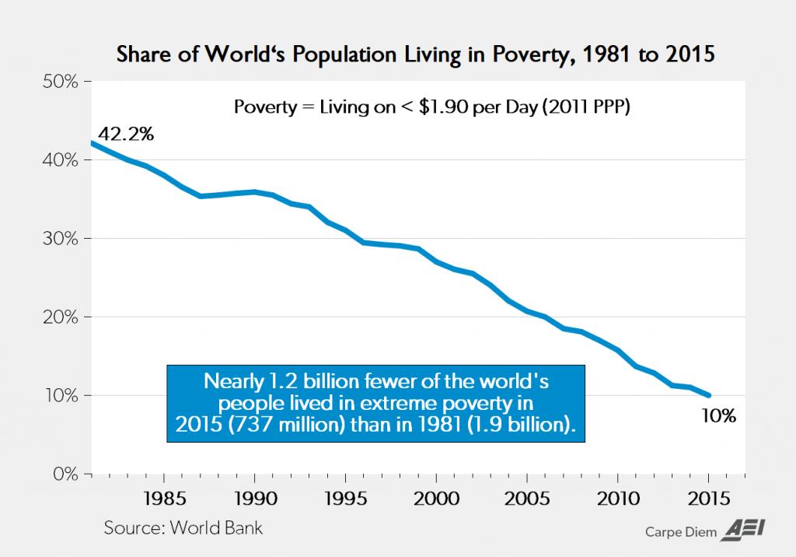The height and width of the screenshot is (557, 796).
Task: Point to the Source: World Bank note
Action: point(183,528)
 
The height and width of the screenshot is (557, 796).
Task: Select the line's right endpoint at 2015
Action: point(708,395)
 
